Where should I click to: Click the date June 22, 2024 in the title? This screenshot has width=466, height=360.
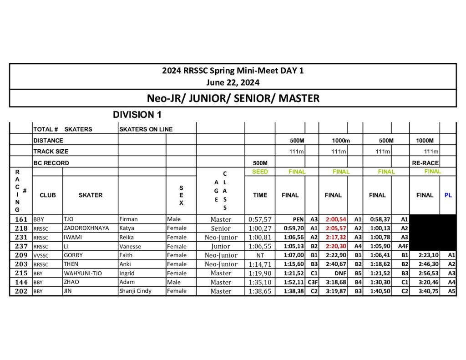tap(233, 83)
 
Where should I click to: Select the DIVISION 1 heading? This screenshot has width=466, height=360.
tap(137, 115)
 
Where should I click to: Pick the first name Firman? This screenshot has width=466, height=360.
tap(128, 219)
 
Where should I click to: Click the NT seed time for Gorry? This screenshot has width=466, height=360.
tap(260, 255)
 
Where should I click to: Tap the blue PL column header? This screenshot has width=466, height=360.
tap(448, 195)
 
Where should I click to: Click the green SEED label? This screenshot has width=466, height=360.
tap(260, 172)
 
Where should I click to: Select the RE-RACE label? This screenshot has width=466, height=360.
tap(425, 163)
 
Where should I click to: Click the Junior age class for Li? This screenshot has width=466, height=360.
tap(221, 246)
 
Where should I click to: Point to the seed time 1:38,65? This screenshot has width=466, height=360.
tap(260, 291)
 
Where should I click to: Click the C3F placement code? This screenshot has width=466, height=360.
tap(313, 282)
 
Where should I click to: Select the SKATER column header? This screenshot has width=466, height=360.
tap(90, 195)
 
